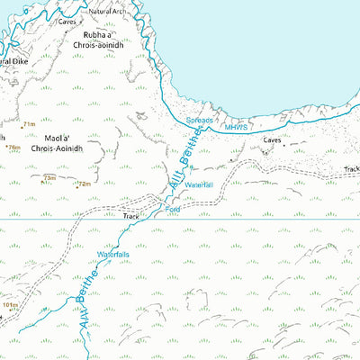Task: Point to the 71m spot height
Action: (29, 125)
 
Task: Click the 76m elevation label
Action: (13, 147)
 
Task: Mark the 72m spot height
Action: (84, 184)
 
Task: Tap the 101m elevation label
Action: (10, 306)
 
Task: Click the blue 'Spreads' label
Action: (200, 120)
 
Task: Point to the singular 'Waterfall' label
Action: (197, 184)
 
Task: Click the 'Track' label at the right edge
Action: (351, 169)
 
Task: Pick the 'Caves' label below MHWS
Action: (274, 140)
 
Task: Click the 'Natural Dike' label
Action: (16, 61)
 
